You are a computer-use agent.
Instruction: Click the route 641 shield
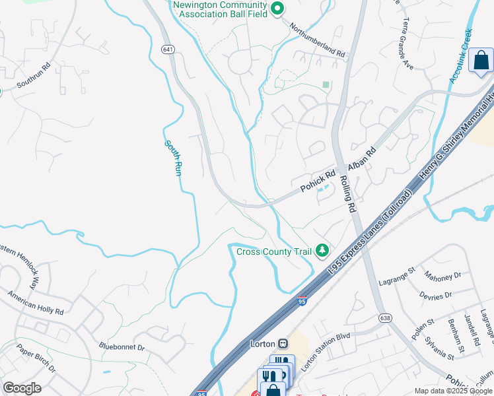click(168, 49)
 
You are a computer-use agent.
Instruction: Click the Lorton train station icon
click(283, 343)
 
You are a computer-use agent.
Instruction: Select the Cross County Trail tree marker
click(322, 249)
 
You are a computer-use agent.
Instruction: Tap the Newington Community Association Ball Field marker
click(278, 8)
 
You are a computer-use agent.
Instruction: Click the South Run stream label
click(173, 157)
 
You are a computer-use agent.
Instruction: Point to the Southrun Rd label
click(34, 75)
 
